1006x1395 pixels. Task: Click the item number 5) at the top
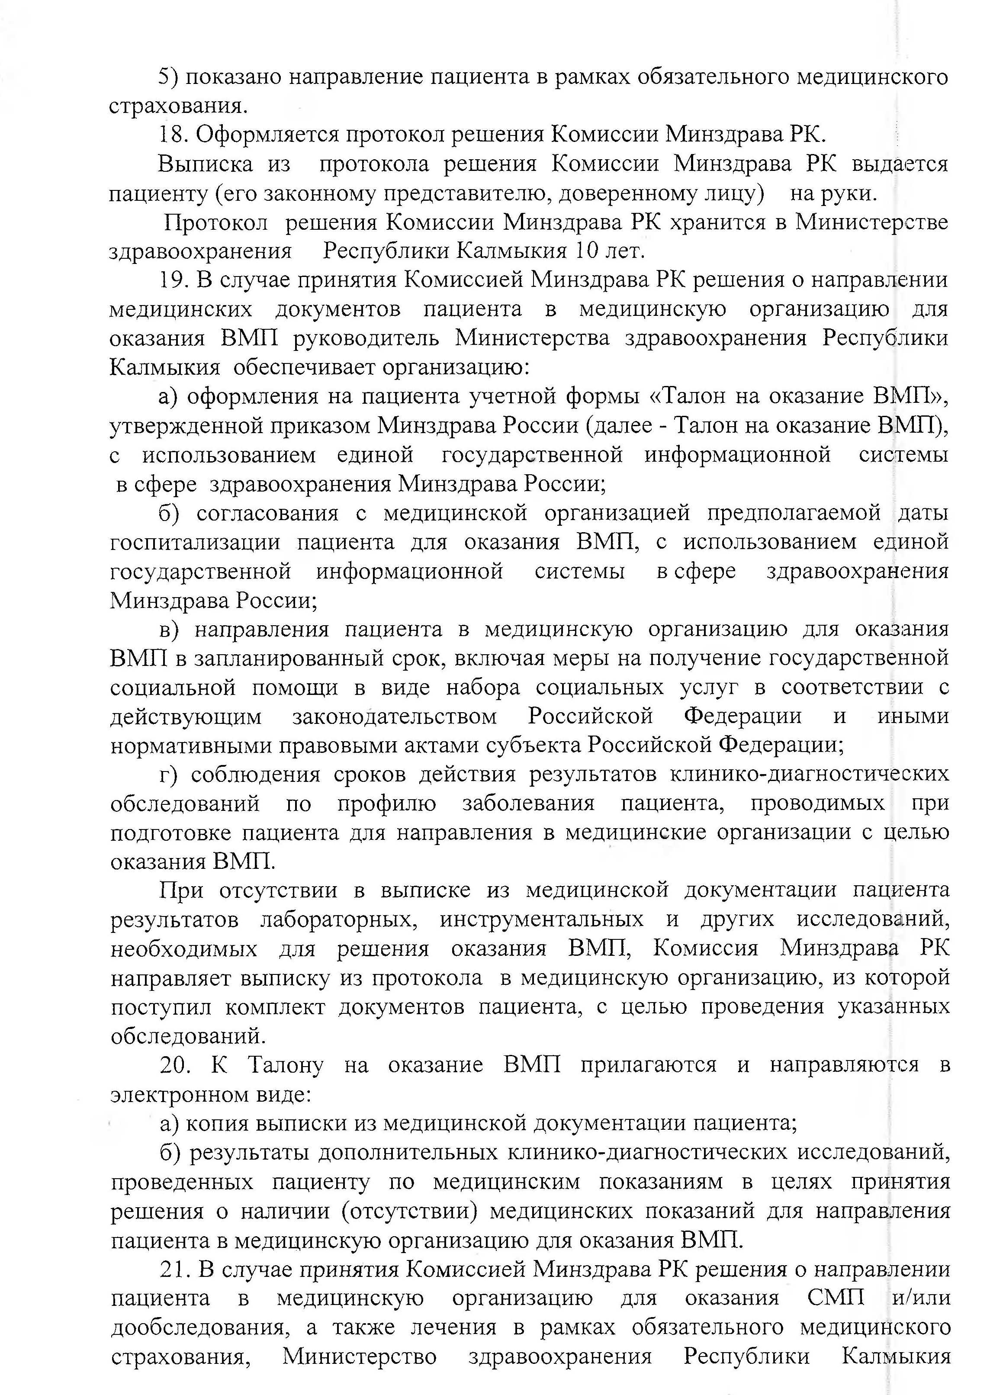click(x=168, y=77)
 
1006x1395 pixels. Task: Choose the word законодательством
click(x=394, y=717)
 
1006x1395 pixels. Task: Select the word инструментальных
click(x=542, y=919)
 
